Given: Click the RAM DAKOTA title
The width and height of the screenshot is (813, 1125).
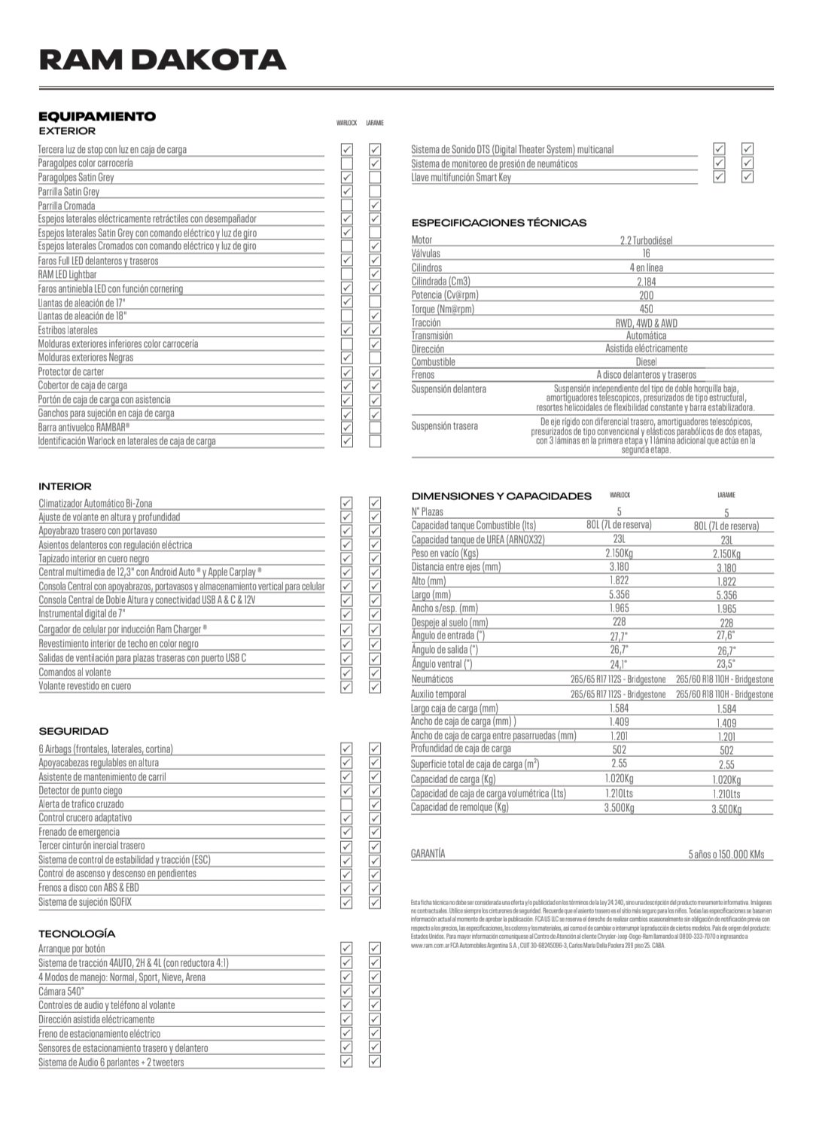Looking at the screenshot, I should [x=162, y=59].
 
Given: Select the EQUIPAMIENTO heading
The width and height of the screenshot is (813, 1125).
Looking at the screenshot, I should [x=97, y=116].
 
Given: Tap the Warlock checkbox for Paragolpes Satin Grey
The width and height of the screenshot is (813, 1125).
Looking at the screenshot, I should [x=347, y=178].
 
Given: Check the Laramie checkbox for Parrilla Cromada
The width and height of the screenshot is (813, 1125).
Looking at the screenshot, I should [x=375, y=206].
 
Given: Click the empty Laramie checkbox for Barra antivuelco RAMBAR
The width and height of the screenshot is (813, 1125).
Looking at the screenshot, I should [x=375, y=428].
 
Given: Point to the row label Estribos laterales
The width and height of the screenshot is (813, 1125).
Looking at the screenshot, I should [x=69, y=331].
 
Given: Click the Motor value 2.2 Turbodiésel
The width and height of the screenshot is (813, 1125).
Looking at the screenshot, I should [x=646, y=240].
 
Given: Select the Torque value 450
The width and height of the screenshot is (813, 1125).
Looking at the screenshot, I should [x=646, y=309].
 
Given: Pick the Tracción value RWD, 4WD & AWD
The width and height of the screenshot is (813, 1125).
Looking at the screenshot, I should [x=646, y=323].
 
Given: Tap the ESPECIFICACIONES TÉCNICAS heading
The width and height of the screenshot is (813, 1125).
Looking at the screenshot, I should [x=498, y=223].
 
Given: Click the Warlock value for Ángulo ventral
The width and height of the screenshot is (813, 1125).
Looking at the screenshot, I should [x=619, y=665].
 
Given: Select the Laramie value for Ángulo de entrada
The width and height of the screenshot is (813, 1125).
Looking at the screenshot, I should [x=726, y=636].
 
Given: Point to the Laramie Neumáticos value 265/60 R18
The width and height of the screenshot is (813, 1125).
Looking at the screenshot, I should [x=724, y=679].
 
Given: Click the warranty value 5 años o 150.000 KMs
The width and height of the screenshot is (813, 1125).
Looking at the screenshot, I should [x=726, y=854].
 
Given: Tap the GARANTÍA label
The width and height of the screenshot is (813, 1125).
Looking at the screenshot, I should [x=428, y=854].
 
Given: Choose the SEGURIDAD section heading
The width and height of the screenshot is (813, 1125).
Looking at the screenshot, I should [x=74, y=731].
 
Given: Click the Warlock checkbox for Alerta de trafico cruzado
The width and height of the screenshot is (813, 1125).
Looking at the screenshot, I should [x=347, y=804].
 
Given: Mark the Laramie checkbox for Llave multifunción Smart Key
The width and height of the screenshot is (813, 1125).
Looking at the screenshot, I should [x=748, y=177].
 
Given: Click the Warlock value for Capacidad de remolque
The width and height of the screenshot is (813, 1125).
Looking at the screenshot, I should [x=619, y=808].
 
